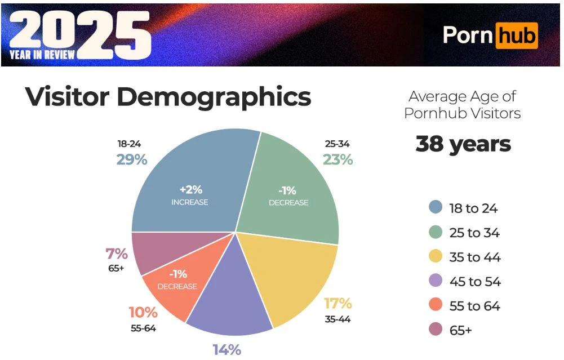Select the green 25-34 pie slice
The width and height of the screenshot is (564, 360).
point(293,180)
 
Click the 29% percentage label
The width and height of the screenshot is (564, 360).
point(132,159)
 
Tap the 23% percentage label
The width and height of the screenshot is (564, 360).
point(337,159)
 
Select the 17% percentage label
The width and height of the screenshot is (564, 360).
point(337,304)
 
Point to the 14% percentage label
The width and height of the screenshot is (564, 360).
point(227,349)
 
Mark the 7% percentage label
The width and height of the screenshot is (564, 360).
point(117,254)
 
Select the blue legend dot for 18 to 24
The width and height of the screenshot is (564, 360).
point(435,208)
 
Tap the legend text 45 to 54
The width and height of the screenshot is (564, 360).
point(474,282)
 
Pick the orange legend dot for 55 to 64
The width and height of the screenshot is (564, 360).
point(435,306)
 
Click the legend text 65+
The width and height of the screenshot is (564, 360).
point(460,331)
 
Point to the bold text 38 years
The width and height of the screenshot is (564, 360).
point(463,144)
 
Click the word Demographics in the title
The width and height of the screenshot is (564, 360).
point(214,97)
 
